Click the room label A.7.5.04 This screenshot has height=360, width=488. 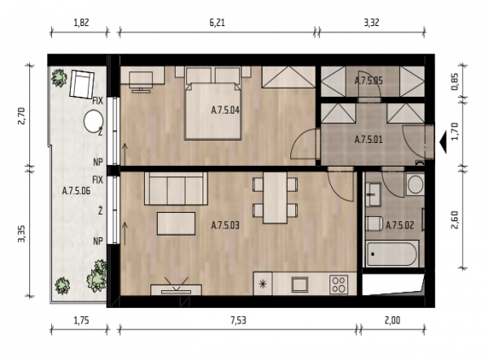(x=225, y=110)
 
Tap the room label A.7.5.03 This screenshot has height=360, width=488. (x=225, y=225)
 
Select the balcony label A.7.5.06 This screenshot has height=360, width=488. (x=76, y=191)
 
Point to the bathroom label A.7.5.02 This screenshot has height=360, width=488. (x=400, y=225)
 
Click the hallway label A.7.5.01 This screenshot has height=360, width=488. (x=368, y=140)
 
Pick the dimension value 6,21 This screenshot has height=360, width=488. (x=217, y=23)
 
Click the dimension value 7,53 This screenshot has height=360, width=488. (x=238, y=320)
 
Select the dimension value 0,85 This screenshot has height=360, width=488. (x=455, y=81)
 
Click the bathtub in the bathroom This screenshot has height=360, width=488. (x=392, y=254)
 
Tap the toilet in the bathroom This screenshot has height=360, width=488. (x=374, y=223)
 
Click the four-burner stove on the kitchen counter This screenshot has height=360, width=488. (x=338, y=284)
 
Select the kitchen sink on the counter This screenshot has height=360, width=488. (x=299, y=284)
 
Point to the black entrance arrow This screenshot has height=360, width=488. (x=443, y=141)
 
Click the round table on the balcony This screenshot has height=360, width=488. (x=94, y=122)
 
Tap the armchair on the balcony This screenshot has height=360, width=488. (x=82, y=85)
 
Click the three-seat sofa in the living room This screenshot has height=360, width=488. (x=176, y=189)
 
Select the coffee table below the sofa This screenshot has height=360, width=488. (x=176, y=223)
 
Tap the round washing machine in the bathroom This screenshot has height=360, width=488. (x=415, y=184)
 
